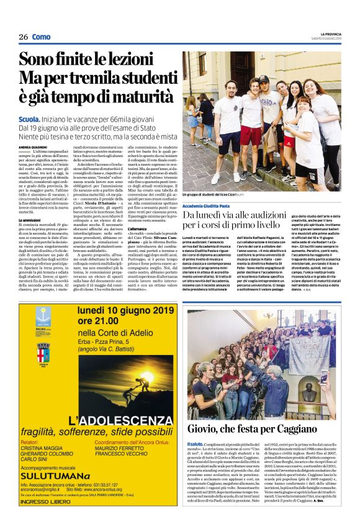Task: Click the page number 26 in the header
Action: tap(24, 37)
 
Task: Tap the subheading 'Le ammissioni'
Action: tap(29, 220)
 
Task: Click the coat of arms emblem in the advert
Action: tap(43, 352)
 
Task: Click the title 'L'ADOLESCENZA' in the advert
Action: tap(106, 420)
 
